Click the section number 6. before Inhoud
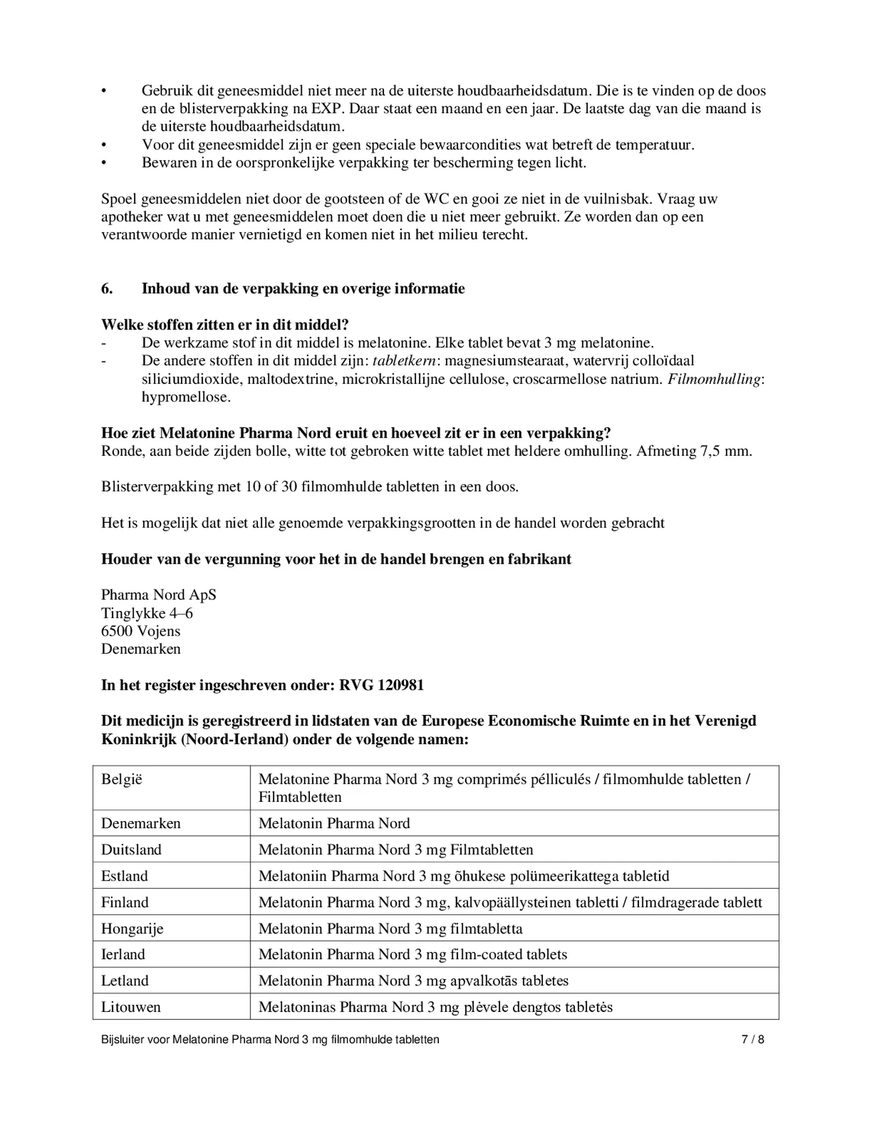[107, 289]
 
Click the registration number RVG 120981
[381, 685]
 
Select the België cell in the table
[122, 779]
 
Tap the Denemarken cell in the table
[141, 823]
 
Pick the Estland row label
[124, 876]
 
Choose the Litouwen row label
[131, 1007]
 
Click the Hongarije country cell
[132, 928]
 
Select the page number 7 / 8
[752, 1039]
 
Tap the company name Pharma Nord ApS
[158, 595]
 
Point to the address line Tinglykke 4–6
[147, 613]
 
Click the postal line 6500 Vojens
[141, 631]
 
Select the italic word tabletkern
[404, 361]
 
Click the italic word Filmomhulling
[714, 379]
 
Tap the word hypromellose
[186, 397]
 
